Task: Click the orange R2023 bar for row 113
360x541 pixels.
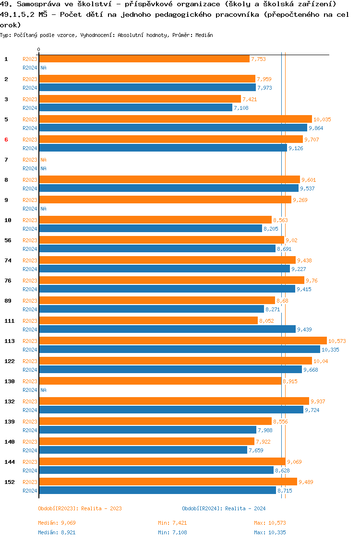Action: pyautogui.click(x=182, y=341)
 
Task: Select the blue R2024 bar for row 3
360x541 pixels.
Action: pyautogui.click(x=135, y=108)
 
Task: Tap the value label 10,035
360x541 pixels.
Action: pyautogui.click(x=322, y=119)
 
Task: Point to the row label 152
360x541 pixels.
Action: pyautogui.click(x=9, y=482)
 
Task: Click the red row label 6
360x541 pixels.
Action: pyautogui.click(x=6, y=140)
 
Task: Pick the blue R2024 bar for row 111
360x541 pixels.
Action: pyautogui.click(x=167, y=329)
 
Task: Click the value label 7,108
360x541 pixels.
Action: pyautogui.click(x=241, y=108)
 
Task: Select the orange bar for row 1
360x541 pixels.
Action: pyautogui.click(x=144, y=59)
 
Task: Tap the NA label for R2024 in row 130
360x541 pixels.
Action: pyautogui.click(x=43, y=390)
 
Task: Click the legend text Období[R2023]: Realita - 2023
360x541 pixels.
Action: pyautogui.click(x=80, y=508)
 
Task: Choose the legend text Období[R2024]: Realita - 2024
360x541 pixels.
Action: pyautogui.click(x=224, y=508)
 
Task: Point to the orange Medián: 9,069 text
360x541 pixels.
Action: pyautogui.click(x=57, y=523)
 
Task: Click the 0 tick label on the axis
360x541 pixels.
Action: pyautogui.click(x=38, y=50)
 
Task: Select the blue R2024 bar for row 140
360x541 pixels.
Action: pyautogui.click(x=143, y=450)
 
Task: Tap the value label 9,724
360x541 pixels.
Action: pyautogui.click(x=312, y=410)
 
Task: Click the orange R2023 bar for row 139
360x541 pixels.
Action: pyautogui.click(x=155, y=421)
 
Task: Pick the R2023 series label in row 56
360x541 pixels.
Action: pyautogui.click(x=30, y=240)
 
